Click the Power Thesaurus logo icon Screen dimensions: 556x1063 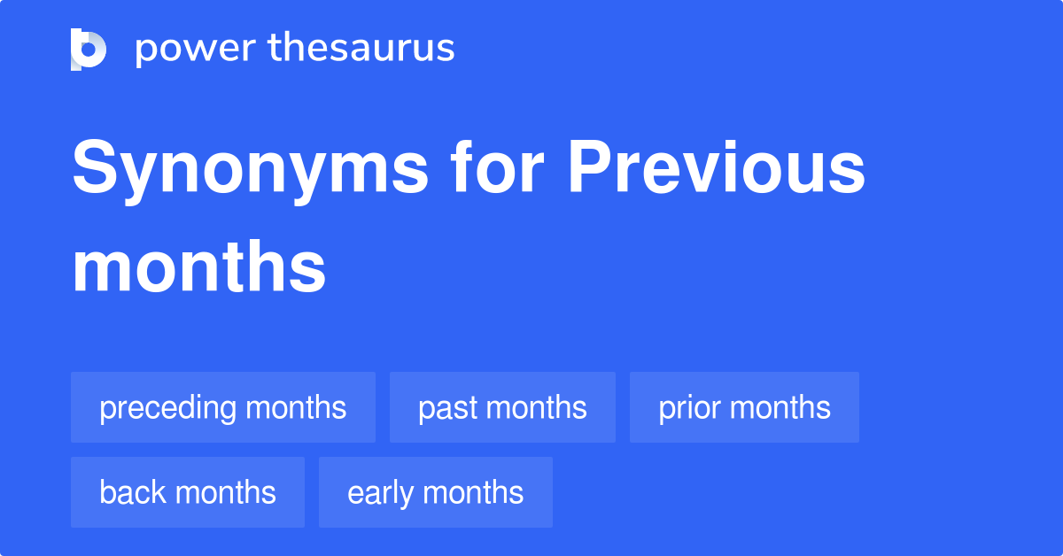pos(89,50)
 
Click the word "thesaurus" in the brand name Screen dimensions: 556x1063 pos(361,50)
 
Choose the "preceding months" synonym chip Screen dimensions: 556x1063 pos(223,407)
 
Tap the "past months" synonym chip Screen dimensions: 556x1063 pos(502,407)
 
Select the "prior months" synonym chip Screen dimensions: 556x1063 pos(744,407)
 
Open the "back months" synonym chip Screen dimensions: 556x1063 pos(188,492)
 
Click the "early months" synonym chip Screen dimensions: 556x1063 pos(436,492)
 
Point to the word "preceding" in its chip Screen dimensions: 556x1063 pos(168,408)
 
